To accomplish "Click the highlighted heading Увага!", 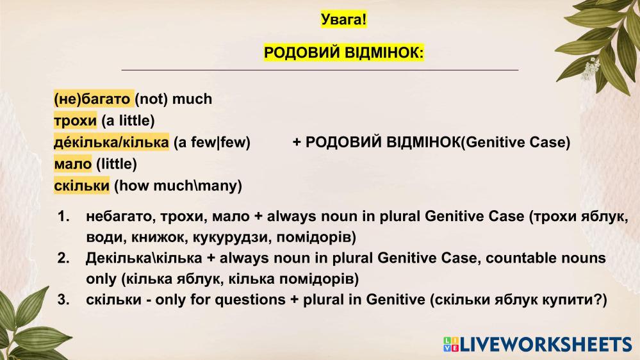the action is tap(343, 19).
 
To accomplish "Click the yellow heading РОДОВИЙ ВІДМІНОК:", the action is tap(343, 53).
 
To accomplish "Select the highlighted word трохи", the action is tap(75, 120).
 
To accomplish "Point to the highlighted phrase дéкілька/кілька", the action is tap(111, 142).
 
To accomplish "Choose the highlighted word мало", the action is tap(72, 164).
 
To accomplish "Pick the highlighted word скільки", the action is tap(81, 185).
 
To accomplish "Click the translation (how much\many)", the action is tap(178, 186).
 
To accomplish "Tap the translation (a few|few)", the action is tap(212, 142).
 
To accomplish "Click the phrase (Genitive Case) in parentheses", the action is tap(516, 142).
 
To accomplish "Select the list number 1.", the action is tap(63, 217).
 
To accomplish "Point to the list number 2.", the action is tap(63, 258).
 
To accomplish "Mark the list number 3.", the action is tap(63, 300).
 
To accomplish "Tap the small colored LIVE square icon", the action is tap(451, 345).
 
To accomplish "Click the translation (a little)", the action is tap(127, 121).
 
